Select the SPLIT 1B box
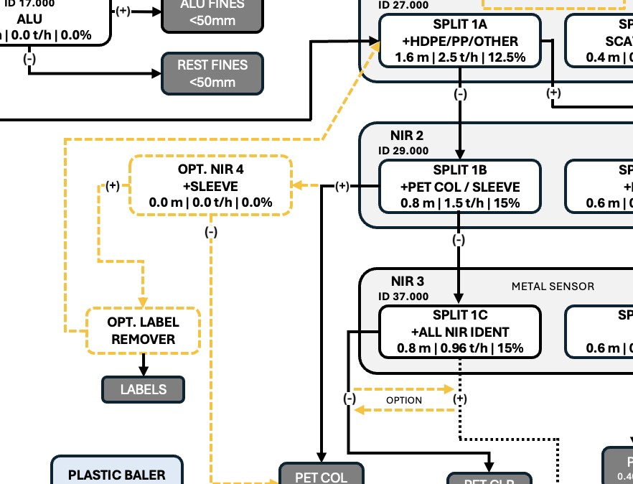point(460,187)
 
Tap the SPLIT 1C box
point(460,332)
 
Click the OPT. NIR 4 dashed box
point(210,186)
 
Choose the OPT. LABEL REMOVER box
point(143,330)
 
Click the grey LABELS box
point(143,389)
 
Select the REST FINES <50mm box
point(212,73)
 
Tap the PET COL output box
point(321,475)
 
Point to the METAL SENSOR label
point(553,287)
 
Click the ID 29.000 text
point(403,151)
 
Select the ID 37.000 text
point(403,296)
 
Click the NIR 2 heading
point(407,136)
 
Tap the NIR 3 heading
point(407,281)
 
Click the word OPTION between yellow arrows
point(404,400)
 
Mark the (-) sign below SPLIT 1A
point(460,93)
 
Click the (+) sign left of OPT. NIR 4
point(113,186)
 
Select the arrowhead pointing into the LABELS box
point(143,371)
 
